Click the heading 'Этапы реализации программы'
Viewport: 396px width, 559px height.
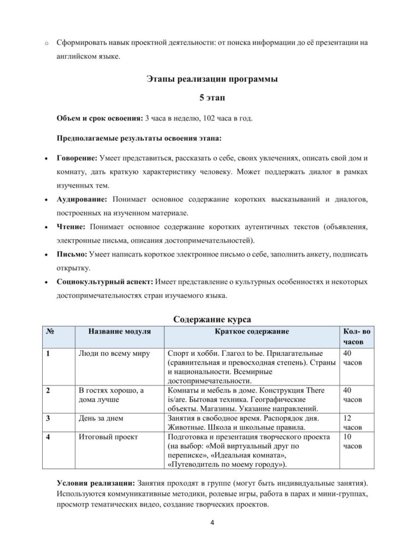pyautogui.click(x=212, y=79)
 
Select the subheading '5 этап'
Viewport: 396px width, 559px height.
pyautogui.click(x=212, y=98)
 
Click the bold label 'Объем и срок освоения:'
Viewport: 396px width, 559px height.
pyautogui.click(x=99, y=118)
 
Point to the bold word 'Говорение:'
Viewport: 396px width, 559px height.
pyautogui.click(x=77, y=158)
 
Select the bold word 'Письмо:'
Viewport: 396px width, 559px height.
pyautogui.click(x=72, y=254)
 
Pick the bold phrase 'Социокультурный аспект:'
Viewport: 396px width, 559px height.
pyautogui.click(x=105, y=282)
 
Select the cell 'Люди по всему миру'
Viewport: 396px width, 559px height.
pyautogui.click(x=110, y=353)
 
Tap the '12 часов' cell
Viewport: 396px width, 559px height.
pyautogui.click(x=348, y=423)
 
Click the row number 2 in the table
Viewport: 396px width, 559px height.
pyautogui.click(x=49, y=390)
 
